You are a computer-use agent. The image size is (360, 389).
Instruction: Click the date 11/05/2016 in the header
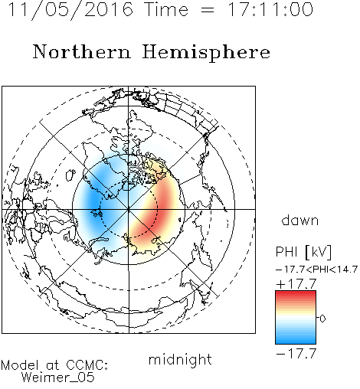click(x=70, y=10)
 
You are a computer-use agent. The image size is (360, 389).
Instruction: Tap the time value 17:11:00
click(x=270, y=10)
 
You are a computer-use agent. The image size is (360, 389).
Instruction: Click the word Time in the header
click(x=166, y=10)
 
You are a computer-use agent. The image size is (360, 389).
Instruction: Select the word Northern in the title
click(x=82, y=52)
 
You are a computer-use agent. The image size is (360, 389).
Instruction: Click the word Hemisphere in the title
click(x=206, y=53)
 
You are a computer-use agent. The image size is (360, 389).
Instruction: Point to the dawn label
click(x=300, y=220)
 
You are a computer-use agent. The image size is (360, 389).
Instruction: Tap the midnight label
click(x=180, y=359)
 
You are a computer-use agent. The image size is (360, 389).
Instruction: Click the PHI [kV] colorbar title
click(x=303, y=252)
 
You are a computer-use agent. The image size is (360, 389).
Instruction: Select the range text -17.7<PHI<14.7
click(x=316, y=270)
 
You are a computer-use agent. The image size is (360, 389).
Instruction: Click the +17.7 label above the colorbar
click(x=296, y=284)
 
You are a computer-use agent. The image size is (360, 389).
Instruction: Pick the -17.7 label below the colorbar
click(x=296, y=353)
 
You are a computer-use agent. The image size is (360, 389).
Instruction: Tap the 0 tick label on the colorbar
click(x=322, y=319)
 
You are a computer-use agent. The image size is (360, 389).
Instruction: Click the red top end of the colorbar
click(x=296, y=293)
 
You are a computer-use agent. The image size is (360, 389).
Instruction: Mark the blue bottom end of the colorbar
click(x=296, y=342)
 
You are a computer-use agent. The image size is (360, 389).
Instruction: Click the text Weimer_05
click(x=58, y=377)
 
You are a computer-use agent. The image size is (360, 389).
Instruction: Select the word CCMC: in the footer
click(x=87, y=365)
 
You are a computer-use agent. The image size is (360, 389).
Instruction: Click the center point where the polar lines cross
click(x=129, y=209)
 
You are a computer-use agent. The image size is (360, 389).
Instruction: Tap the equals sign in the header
click(x=208, y=10)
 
